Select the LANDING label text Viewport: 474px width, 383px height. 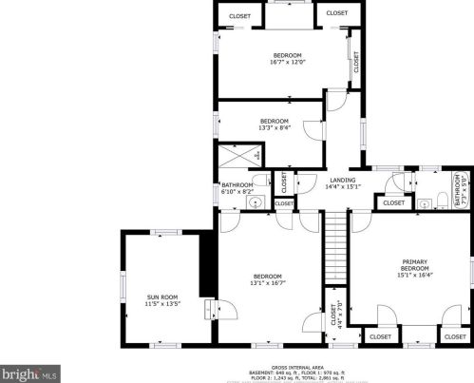[x=342, y=180]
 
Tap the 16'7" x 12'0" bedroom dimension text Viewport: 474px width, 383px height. [x=287, y=63]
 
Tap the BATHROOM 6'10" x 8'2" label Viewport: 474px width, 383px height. [x=237, y=188]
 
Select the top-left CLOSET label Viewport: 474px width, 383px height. [x=239, y=16]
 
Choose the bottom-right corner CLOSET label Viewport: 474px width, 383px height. [x=452, y=336]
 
